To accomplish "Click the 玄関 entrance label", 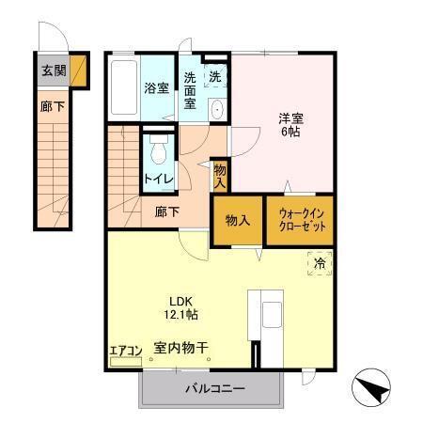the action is click(54, 70).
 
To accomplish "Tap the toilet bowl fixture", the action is click(159, 149).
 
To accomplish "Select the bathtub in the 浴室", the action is click(124, 87).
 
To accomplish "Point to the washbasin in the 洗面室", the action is click(216, 109).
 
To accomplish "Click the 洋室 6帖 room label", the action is click(291, 125).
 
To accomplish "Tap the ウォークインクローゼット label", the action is click(302, 220).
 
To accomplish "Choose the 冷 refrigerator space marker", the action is click(320, 263).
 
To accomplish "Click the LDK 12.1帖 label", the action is click(181, 307).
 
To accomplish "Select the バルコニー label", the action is click(215, 389).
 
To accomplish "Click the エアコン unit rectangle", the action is click(126, 362).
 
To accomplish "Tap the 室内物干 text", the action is click(180, 348).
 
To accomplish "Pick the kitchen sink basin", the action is click(272, 315).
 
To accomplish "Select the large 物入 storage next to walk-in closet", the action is click(238, 221).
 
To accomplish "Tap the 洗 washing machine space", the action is click(215, 75).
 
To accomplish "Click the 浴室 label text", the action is click(157, 88).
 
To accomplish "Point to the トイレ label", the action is click(159, 179).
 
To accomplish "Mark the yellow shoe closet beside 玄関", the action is click(78, 70).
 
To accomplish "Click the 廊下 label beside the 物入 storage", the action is click(167, 212).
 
